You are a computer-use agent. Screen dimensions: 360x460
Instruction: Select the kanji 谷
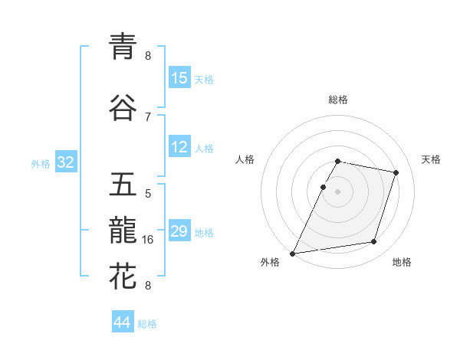tap(123, 107)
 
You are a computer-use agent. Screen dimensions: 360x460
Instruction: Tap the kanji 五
tap(123, 186)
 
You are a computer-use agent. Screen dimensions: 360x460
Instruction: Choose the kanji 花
tap(123, 276)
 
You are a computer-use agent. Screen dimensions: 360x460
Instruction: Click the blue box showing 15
tap(179, 78)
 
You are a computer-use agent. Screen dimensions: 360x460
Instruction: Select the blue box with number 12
tap(179, 147)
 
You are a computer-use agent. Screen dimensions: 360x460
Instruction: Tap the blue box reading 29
tap(179, 231)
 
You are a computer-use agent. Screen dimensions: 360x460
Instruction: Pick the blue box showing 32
tap(65, 162)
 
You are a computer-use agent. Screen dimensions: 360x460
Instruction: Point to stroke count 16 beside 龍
tap(149, 240)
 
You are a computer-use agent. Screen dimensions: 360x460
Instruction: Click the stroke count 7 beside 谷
tap(148, 116)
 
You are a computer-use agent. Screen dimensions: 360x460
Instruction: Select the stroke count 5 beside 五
tap(148, 194)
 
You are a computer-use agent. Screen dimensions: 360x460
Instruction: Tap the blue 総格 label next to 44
tap(147, 324)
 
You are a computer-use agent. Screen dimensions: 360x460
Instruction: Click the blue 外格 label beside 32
tap(41, 164)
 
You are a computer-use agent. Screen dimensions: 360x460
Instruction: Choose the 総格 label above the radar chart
tap(337, 100)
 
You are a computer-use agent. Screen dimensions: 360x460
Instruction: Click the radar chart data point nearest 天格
tap(396, 172)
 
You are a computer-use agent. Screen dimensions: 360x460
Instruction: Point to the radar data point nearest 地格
tap(374, 242)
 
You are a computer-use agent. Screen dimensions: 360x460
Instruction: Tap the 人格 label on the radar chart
tap(245, 159)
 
